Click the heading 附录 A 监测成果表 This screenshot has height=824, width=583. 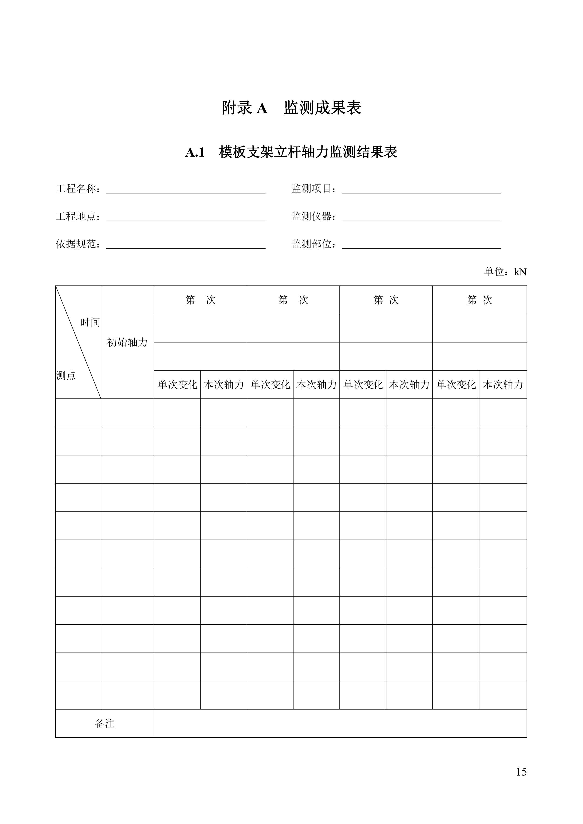[x=291, y=108]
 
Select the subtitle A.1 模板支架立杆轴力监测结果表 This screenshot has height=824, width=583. [x=291, y=152]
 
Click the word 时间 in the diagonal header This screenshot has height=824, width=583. [x=90, y=322]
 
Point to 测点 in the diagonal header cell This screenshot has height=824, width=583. [x=66, y=375]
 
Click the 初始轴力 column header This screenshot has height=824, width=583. [x=128, y=342]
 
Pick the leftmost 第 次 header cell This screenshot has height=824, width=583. [x=200, y=300]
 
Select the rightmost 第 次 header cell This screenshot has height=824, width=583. [x=479, y=300]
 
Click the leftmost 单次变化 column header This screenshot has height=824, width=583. [x=177, y=385]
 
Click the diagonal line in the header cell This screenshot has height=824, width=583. [x=78, y=342]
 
